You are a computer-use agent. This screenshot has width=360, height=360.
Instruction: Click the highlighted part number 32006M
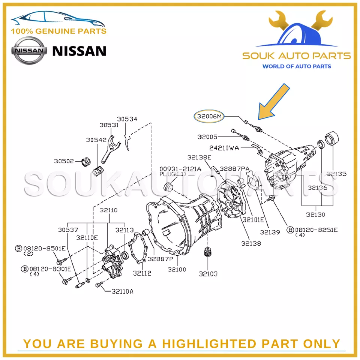click(x=208, y=117)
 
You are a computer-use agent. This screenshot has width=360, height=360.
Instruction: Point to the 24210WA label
click(x=224, y=148)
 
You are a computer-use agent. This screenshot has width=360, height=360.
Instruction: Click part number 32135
click(x=336, y=174)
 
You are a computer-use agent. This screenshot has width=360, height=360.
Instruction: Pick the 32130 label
click(x=315, y=214)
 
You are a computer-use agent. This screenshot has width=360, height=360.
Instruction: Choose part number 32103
click(x=208, y=274)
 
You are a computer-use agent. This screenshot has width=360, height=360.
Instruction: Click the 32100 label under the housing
click(x=177, y=269)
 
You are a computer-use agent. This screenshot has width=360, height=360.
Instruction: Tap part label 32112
click(x=142, y=273)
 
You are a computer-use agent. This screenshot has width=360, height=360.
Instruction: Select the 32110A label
click(x=122, y=291)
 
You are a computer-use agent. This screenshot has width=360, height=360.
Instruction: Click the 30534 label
click(x=127, y=119)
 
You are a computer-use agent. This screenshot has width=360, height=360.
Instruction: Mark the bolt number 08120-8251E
click(x=316, y=229)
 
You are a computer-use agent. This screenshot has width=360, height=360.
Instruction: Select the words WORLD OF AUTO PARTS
click(x=296, y=66)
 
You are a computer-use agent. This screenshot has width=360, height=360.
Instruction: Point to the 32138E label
click(x=199, y=157)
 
